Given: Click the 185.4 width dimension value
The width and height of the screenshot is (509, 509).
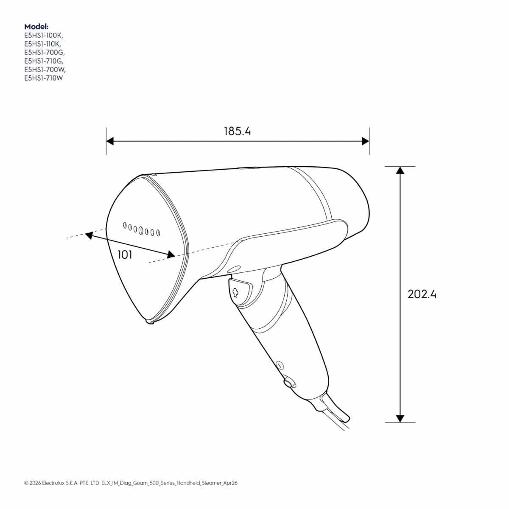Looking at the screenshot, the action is [x=237, y=131].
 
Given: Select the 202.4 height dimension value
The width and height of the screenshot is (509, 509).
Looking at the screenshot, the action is [x=422, y=294].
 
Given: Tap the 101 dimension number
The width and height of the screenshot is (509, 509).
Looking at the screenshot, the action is [x=125, y=255].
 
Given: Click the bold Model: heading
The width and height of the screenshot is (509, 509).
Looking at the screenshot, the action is [x=36, y=26].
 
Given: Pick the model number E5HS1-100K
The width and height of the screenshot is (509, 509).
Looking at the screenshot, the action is [x=44, y=35].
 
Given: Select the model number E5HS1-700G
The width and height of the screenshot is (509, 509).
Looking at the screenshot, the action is [x=45, y=53].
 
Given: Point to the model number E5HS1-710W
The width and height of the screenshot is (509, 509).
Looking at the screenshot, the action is [x=44, y=78].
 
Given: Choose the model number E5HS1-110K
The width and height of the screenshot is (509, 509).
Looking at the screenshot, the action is [x=42, y=44].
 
